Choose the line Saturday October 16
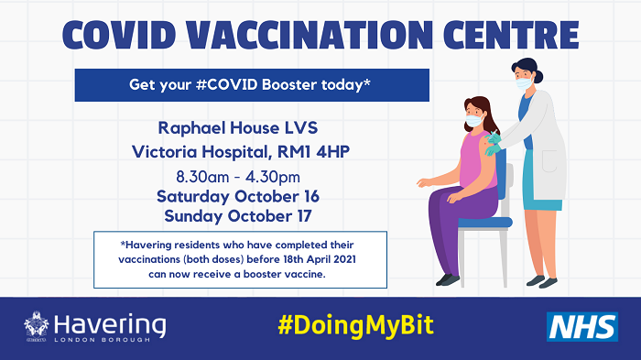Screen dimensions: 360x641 coord(237,196)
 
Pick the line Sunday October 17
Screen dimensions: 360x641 coord(237,216)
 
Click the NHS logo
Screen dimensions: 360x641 coord(581,326)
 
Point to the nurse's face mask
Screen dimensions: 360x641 coord(525,83)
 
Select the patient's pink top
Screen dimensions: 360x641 coord(476,160)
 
